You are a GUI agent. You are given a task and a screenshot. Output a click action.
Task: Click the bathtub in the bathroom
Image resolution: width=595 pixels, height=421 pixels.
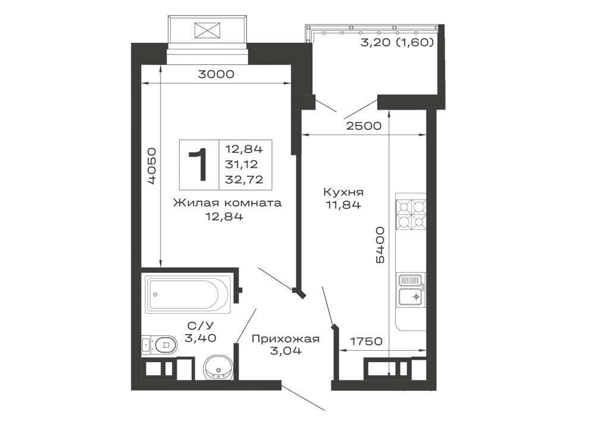click(188, 295)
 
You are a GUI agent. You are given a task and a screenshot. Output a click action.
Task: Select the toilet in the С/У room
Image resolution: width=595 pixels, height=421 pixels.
click(159, 345)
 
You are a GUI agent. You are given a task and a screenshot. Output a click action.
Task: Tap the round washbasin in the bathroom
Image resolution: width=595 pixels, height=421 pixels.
click(218, 367)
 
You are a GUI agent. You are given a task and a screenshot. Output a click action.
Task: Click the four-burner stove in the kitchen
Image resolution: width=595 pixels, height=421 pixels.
click(411, 214)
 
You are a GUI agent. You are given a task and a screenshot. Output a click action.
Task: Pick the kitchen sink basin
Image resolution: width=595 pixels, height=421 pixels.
click(410, 297)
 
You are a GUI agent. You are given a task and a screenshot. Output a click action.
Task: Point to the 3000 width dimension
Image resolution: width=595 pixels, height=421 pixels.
click(217, 74)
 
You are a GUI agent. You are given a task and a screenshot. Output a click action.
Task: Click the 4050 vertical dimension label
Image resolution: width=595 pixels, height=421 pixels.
click(151, 166)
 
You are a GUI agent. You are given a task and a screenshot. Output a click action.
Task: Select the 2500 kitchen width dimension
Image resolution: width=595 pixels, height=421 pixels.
click(364, 126)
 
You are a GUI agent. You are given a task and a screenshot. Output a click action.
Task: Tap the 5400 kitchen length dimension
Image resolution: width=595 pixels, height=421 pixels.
click(380, 245)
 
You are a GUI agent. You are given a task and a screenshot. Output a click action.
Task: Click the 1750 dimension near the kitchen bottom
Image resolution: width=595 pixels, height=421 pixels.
click(366, 341)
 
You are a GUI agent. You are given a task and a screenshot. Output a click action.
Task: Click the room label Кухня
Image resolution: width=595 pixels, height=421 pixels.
click(343, 192)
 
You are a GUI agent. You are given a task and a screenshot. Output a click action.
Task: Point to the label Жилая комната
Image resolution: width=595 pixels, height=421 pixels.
click(227, 203)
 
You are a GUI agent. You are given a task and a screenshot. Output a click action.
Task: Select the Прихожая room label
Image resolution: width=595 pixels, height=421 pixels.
click(286, 339)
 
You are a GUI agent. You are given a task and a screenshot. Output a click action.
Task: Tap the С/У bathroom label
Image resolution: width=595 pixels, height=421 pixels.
click(201, 325)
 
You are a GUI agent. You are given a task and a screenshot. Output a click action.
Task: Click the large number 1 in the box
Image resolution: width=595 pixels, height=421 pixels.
click(199, 164)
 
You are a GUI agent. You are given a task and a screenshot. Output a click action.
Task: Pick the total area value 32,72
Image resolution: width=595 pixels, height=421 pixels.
click(244, 180)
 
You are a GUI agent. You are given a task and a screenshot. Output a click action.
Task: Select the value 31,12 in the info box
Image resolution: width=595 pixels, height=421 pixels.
click(242, 164)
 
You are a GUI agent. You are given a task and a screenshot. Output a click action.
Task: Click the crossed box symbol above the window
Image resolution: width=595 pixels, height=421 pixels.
click(207, 30)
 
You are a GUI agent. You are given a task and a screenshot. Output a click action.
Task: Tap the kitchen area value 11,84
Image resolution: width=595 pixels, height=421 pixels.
click(343, 205)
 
